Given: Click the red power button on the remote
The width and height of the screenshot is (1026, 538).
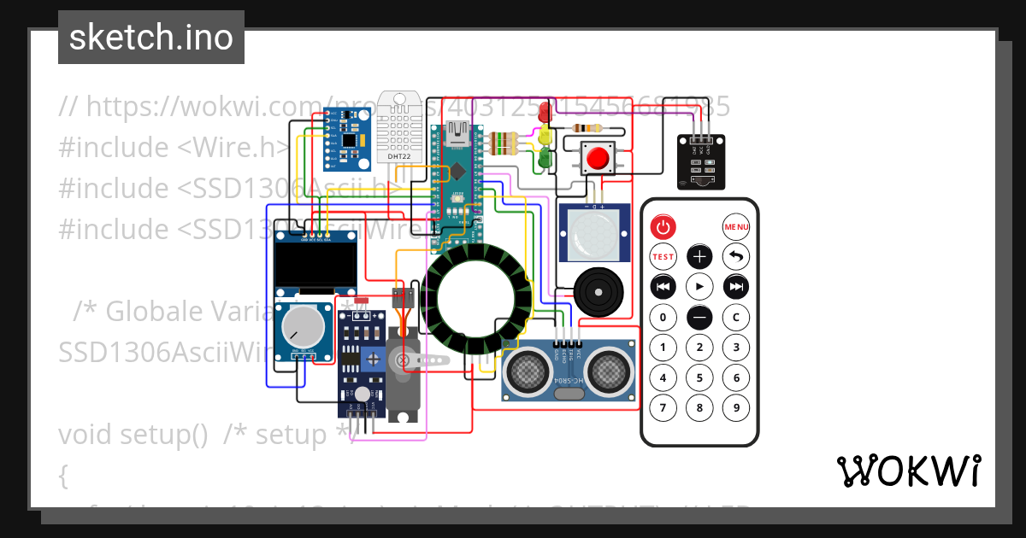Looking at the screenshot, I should coord(663,226).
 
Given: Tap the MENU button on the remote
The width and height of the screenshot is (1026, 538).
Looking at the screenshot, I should coord(735,226).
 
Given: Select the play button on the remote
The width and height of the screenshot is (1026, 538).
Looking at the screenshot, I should coord(699,285).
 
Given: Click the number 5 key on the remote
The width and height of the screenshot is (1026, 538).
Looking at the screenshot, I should coord(699,377).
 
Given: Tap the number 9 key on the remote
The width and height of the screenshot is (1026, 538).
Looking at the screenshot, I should coord(735,407).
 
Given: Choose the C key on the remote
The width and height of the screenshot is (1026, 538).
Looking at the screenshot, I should coord(735,317).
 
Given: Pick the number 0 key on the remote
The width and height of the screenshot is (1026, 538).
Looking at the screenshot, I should coord(663,317).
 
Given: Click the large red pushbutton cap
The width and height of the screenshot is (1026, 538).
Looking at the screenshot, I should coord(597,157).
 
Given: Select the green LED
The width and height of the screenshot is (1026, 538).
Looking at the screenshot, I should coord(543,158).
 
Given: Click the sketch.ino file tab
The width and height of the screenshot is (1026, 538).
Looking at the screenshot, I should coord(151,38).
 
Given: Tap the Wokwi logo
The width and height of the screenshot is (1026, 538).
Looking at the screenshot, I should coord(908,471).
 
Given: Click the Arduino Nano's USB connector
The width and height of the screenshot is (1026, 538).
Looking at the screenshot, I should coord(454,133).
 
